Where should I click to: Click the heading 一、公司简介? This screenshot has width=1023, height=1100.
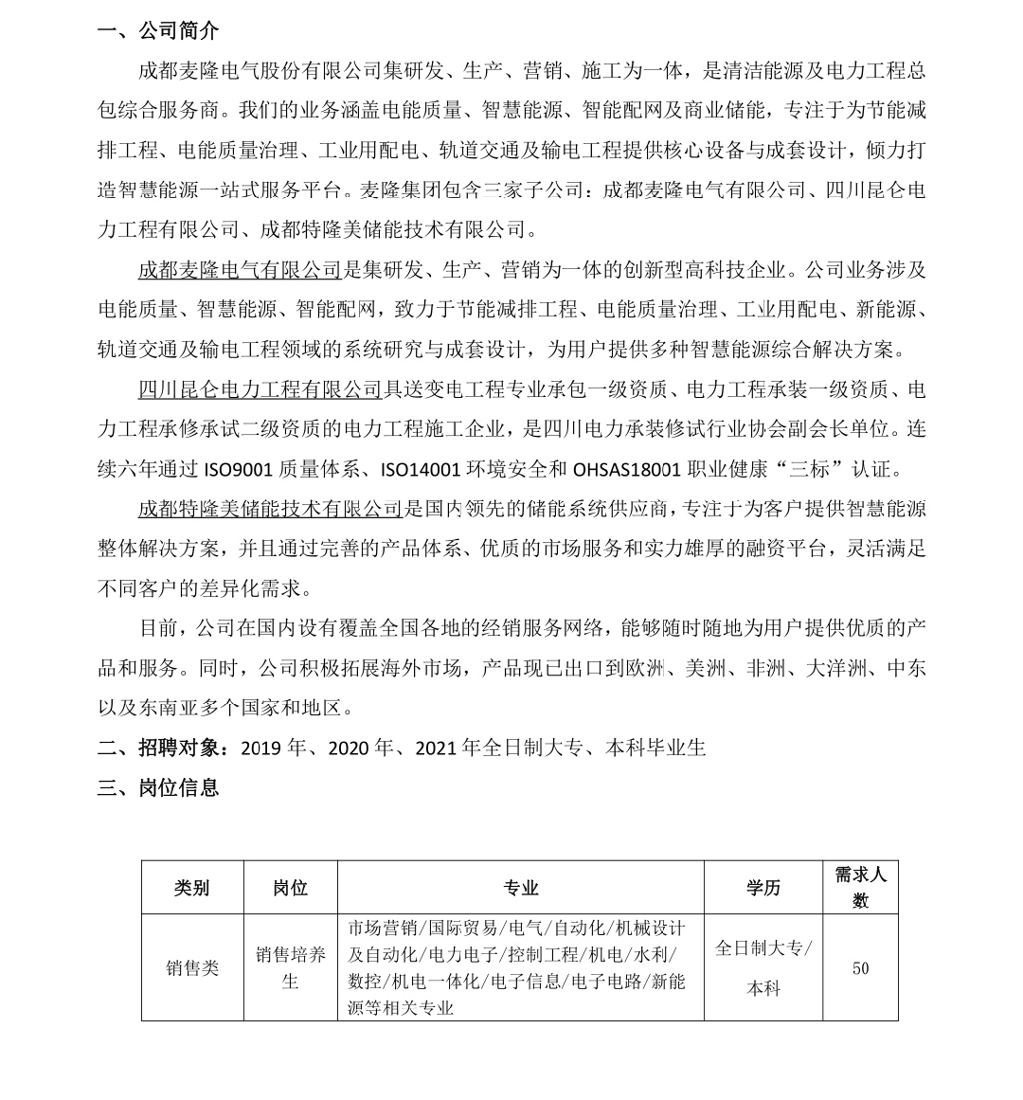click(x=158, y=31)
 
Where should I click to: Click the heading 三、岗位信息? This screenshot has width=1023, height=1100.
click(x=158, y=787)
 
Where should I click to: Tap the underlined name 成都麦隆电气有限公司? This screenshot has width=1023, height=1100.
click(x=240, y=270)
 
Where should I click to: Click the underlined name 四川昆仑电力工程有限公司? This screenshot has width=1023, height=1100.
click(x=260, y=389)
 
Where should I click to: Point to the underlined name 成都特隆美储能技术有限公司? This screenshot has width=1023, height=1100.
click(x=270, y=509)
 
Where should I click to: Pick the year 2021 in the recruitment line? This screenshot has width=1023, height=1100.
click(x=436, y=748)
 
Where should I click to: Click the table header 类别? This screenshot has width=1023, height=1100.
click(x=192, y=888)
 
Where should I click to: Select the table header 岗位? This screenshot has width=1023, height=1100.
click(x=290, y=888)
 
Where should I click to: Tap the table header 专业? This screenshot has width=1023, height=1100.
click(x=520, y=888)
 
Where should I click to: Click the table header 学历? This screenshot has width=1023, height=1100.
click(x=763, y=888)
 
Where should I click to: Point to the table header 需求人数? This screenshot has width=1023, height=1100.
click(x=860, y=887)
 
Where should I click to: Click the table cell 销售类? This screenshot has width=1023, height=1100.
click(x=192, y=967)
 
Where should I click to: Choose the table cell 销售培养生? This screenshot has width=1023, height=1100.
click(x=290, y=967)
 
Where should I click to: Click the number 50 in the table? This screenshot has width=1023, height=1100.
click(x=860, y=968)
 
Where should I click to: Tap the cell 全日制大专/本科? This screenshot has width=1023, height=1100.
click(x=763, y=967)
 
